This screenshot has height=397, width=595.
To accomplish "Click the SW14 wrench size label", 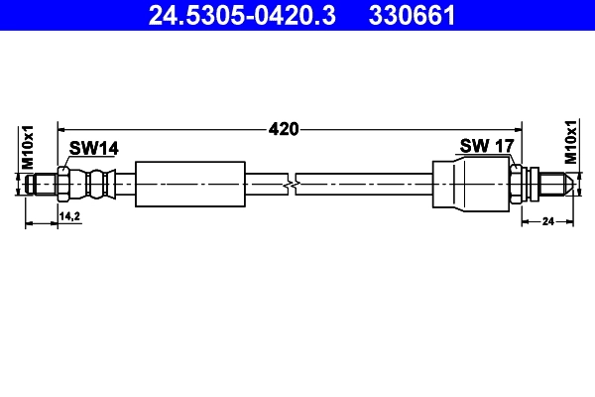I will coord(94,148).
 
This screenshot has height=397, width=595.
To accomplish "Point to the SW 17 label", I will coord(486,146).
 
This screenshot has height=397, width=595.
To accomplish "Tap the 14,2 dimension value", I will coord(69,214).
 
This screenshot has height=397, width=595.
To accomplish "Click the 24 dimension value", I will coord(546,221).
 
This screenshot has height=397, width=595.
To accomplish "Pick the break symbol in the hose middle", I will coord(290,184).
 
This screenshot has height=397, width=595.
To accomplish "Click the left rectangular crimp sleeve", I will coord(189,184).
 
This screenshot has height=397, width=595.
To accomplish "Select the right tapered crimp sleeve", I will coord(470,184).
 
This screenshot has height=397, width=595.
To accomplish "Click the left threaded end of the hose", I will coord(43,184).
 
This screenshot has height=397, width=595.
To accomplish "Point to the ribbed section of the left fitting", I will coord(96,184).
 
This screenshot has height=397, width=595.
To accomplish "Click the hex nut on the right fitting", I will coord(516,184).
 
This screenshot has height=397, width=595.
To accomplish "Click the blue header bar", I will coord(297,15).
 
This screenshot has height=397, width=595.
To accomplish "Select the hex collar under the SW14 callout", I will coord(63,184).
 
